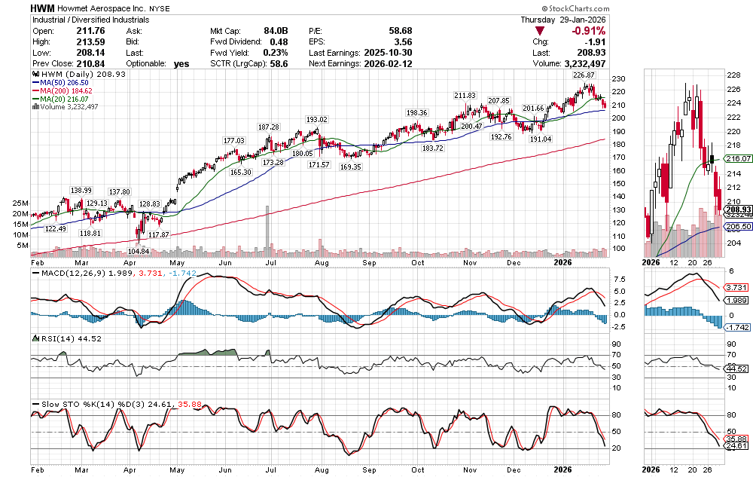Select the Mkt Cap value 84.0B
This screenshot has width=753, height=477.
[x=278, y=30]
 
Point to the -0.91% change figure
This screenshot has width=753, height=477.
[x=588, y=30]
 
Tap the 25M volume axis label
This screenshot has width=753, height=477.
[x=20, y=203]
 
